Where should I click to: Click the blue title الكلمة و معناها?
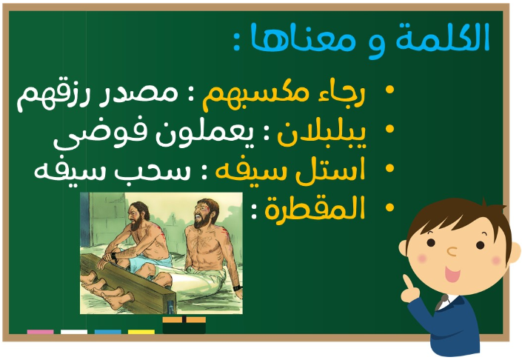click(370, 39)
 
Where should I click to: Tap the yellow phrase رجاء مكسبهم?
click(284, 95)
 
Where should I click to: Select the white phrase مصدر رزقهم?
click(97, 96)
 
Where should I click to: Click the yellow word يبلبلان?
click(322, 134)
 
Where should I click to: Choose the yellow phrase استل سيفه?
click(290, 170)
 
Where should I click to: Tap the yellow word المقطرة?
click(315, 208)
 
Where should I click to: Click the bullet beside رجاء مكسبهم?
click(389, 90)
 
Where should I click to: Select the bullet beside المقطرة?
click(389, 207)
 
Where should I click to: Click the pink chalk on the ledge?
click(40, 332)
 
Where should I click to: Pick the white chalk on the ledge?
click(74, 332)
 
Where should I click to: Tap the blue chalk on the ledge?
click(107, 332)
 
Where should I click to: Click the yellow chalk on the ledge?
click(141, 332)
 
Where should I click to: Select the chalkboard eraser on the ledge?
click(184, 325)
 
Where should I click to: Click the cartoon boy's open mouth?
click(452, 274)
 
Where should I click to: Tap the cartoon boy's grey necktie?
click(442, 302)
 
